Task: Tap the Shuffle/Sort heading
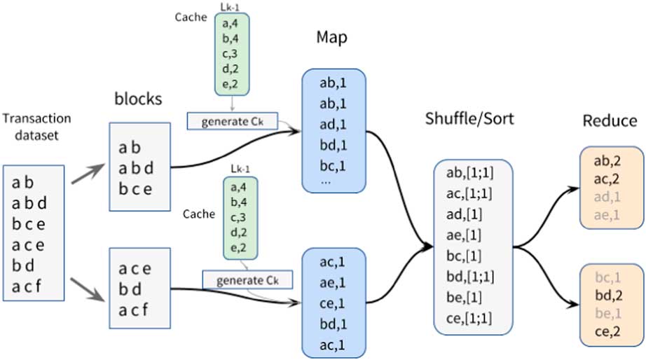[469, 118]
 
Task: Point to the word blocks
[138, 99]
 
